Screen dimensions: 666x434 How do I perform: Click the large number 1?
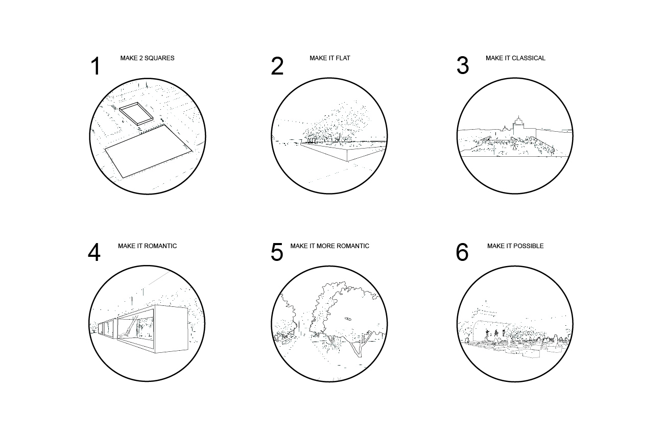pos(96,66)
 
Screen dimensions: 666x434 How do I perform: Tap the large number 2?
pos(277,66)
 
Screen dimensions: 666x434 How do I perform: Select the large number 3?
pos(463,65)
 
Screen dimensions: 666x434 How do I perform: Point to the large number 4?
pos(94,252)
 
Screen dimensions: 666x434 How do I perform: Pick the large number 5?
pos(277,252)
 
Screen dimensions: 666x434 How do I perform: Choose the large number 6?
pos(462,252)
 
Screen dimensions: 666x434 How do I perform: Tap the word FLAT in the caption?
pos(343,58)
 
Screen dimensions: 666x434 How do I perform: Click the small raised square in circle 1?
pos(136,114)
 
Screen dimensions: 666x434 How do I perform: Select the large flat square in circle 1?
pos(149,151)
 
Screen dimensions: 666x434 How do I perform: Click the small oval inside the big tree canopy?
pos(348,319)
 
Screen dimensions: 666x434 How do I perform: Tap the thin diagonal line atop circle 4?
pos(159,278)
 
